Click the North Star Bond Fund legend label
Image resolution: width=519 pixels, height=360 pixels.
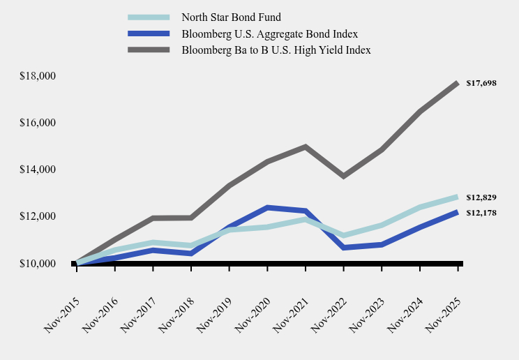[x=231, y=17]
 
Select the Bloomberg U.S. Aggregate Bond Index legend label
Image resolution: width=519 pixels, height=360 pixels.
[x=269, y=33]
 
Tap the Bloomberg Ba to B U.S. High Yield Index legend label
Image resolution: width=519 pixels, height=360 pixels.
[x=276, y=50]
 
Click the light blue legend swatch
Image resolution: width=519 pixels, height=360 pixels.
[x=149, y=17]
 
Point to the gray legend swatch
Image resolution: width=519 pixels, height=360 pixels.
[x=149, y=50]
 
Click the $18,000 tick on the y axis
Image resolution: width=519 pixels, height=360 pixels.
[x=38, y=76]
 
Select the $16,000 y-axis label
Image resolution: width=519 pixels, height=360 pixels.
[x=38, y=123]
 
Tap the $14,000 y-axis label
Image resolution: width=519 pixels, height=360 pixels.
[x=38, y=170]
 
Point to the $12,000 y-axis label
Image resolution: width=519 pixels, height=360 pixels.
[x=38, y=216]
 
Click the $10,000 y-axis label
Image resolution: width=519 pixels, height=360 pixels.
[x=38, y=264]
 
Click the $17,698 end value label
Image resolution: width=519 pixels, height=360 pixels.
[x=481, y=83]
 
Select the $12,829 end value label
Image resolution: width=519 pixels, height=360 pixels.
[x=481, y=197]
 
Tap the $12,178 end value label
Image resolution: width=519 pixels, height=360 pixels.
[x=481, y=213]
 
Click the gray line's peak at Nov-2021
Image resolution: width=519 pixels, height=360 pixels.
[x=306, y=147]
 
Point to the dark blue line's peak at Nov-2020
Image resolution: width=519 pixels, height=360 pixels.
[x=267, y=207]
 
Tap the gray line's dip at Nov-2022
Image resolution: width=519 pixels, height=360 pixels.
[x=344, y=176]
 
